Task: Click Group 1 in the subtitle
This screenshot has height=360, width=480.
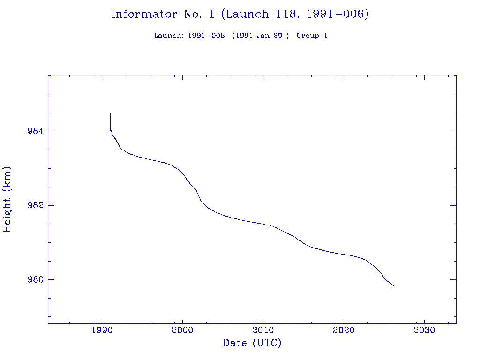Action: point(312,36)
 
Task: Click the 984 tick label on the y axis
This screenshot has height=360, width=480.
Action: point(37,131)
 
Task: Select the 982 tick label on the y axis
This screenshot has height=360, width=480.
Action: point(37,205)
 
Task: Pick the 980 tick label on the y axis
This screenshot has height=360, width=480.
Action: point(37,280)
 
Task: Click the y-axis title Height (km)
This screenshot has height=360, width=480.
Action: point(7,199)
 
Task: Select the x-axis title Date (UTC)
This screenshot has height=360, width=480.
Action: point(252,343)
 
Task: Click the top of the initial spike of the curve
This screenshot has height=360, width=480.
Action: point(110,114)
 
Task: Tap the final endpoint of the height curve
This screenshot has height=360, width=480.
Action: point(394,285)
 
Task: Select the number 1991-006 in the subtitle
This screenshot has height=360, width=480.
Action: point(206,36)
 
